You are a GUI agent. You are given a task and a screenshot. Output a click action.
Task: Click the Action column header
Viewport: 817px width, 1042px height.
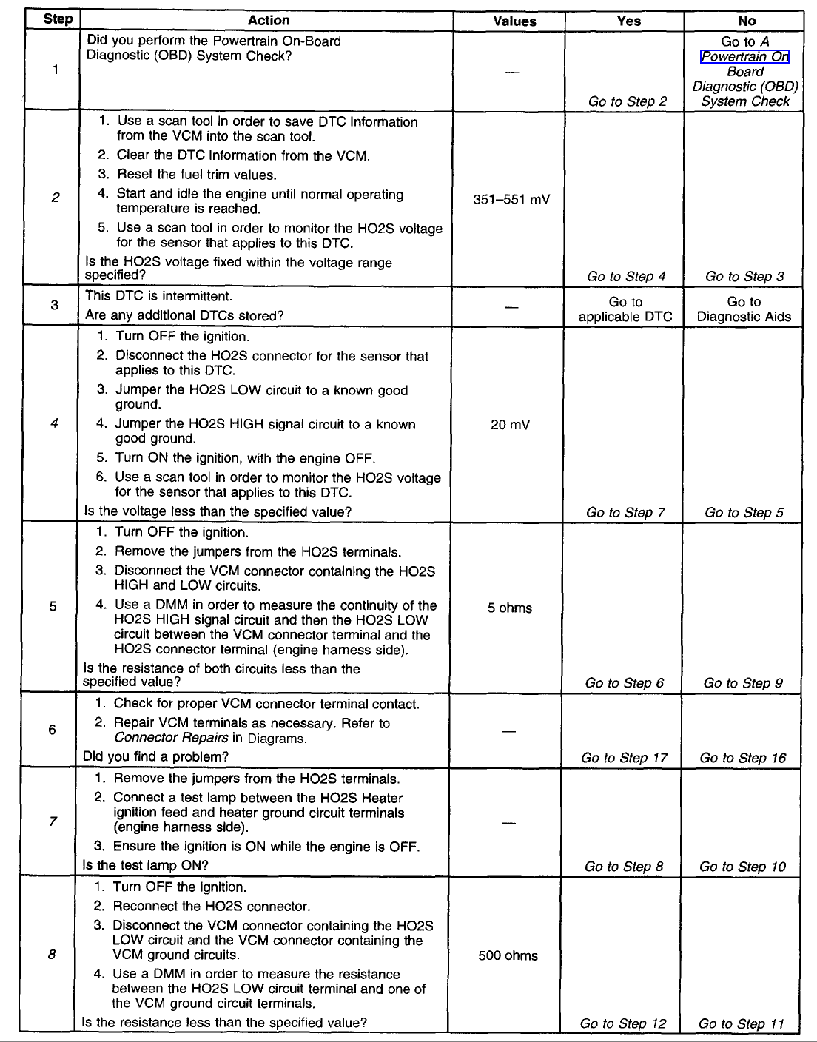point(268,21)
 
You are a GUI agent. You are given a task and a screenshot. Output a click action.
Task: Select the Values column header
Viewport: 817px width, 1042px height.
point(514,21)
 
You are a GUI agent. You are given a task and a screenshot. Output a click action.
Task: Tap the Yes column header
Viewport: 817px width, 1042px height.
point(628,21)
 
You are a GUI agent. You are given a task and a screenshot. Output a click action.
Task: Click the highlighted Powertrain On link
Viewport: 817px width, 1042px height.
point(744,57)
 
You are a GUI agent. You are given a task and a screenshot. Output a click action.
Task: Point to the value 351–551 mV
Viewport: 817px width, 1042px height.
point(511,199)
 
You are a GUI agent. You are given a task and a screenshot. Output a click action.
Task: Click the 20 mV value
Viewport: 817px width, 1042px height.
point(510,425)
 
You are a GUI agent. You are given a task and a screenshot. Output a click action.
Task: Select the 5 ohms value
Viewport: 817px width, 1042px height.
point(510,608)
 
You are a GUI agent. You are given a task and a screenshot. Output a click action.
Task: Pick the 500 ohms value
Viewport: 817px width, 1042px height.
point(508,955)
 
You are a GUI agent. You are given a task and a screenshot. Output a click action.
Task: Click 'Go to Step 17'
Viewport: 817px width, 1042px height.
point(624,758)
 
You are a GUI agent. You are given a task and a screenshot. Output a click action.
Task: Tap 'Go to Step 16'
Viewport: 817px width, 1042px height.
point(742,758)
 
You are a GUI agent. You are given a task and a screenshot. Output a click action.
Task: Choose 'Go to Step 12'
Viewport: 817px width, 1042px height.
point(623,1023)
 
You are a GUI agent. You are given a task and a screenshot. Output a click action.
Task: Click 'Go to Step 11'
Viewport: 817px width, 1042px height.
point(741,1023)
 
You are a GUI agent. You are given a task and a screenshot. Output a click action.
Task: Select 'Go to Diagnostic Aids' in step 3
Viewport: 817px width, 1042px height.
point(744,309)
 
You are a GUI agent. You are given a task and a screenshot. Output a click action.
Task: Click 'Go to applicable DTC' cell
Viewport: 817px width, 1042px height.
point(625,309)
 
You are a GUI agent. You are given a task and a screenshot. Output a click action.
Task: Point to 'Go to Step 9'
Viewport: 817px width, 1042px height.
point(743,683)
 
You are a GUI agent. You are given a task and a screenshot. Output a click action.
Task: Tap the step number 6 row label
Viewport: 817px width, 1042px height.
point(52,730)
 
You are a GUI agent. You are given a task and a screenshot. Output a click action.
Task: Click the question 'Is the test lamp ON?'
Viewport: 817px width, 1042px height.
point(146,865)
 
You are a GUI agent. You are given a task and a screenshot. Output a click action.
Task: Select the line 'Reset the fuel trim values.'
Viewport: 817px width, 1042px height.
point(196,175)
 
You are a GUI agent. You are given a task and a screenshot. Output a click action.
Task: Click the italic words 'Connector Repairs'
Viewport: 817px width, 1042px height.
point(171,738)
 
